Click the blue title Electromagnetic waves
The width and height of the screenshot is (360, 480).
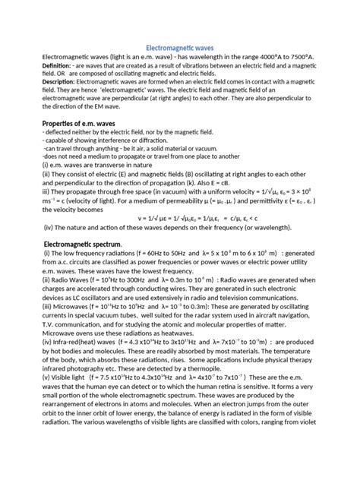[179, 48]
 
